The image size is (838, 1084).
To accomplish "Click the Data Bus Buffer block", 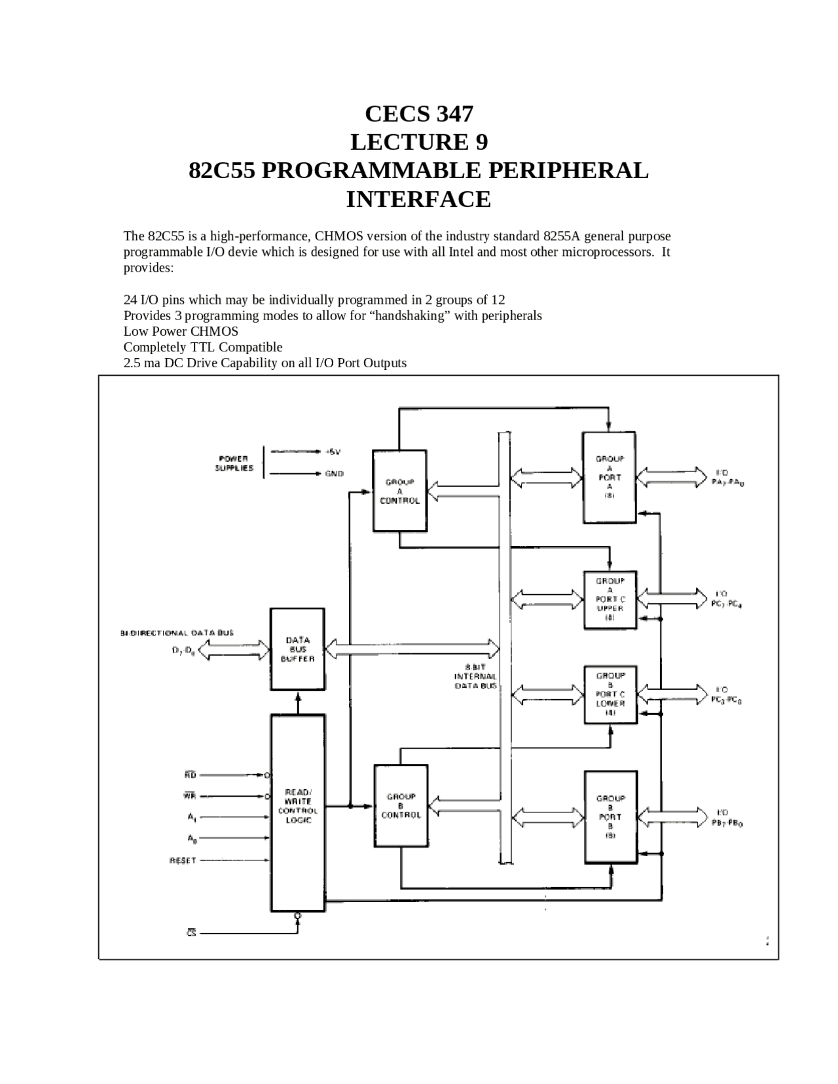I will (298, 649).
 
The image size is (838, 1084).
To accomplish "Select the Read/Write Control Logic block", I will (298, 812).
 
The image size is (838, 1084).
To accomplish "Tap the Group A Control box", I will (399, 490).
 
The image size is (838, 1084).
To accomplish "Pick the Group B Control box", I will (400, 805).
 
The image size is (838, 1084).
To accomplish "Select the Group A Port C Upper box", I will (610, 599).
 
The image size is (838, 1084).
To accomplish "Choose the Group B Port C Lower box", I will (610, 694).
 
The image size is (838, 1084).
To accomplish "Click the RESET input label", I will (183, 860).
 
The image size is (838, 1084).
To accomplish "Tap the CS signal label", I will (191, 933).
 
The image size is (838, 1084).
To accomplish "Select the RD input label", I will (191, 775).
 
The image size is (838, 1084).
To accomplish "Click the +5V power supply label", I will (333, 452).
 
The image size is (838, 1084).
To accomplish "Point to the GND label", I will (334, 473).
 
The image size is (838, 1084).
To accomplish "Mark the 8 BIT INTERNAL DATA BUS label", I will (476, 676).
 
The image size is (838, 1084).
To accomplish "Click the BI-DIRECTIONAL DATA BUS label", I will (177, 633).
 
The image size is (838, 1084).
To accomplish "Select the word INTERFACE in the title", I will (418, 199).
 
